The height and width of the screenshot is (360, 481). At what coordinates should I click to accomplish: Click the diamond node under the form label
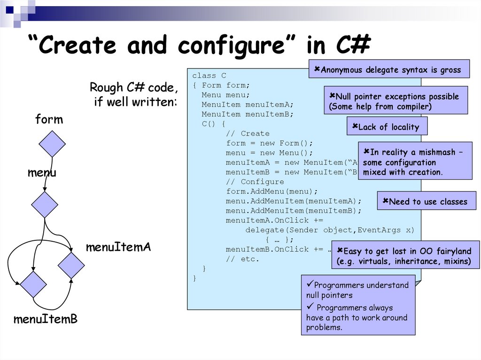click(52, 144)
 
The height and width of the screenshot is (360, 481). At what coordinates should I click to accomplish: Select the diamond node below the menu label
click(45, 205)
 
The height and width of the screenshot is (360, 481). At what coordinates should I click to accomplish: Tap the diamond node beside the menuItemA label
click(71, 265)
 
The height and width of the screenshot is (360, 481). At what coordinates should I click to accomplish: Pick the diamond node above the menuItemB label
click(33, 284)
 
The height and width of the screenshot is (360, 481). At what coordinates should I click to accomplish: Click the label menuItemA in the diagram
click(118, 247)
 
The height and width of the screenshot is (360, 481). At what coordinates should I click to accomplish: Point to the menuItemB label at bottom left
click(45, 320)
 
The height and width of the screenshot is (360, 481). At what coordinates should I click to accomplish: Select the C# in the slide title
click(353, 46)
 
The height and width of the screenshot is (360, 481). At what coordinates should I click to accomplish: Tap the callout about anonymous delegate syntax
click(389, 69)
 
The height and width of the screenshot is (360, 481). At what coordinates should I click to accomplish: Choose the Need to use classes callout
click(426, 201)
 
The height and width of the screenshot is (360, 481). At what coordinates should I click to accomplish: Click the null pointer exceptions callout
click(396, 100)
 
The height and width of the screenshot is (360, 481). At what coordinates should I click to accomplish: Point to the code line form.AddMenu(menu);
click(272, 191)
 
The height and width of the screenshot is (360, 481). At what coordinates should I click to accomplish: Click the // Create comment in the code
click(248, 134)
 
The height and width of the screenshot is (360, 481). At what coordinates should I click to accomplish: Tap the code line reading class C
click(209, 76)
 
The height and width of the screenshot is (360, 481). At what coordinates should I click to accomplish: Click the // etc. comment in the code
click(242, 259)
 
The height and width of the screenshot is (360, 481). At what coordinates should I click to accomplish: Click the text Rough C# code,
click(134, 88)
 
